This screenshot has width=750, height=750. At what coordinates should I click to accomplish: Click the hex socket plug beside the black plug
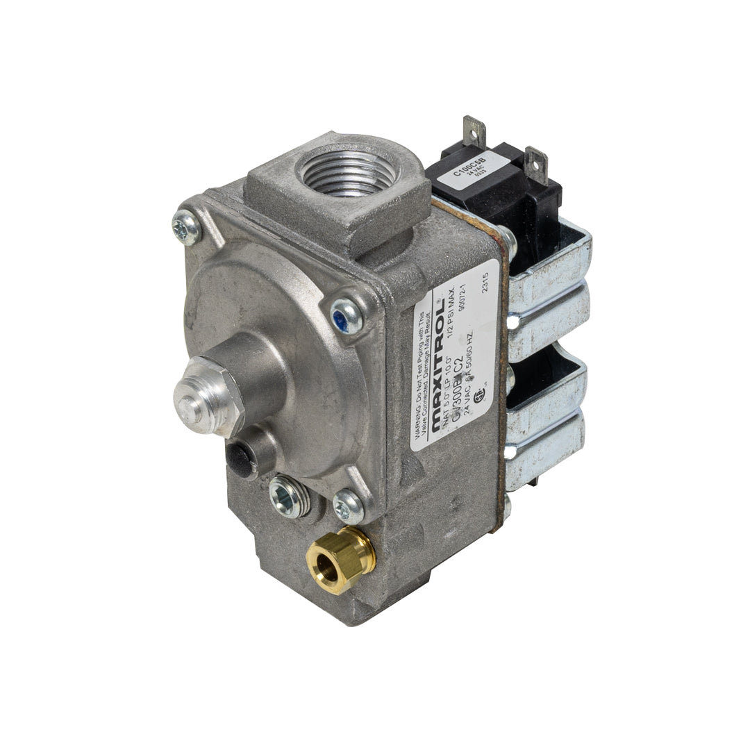(x=289, y=496)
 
